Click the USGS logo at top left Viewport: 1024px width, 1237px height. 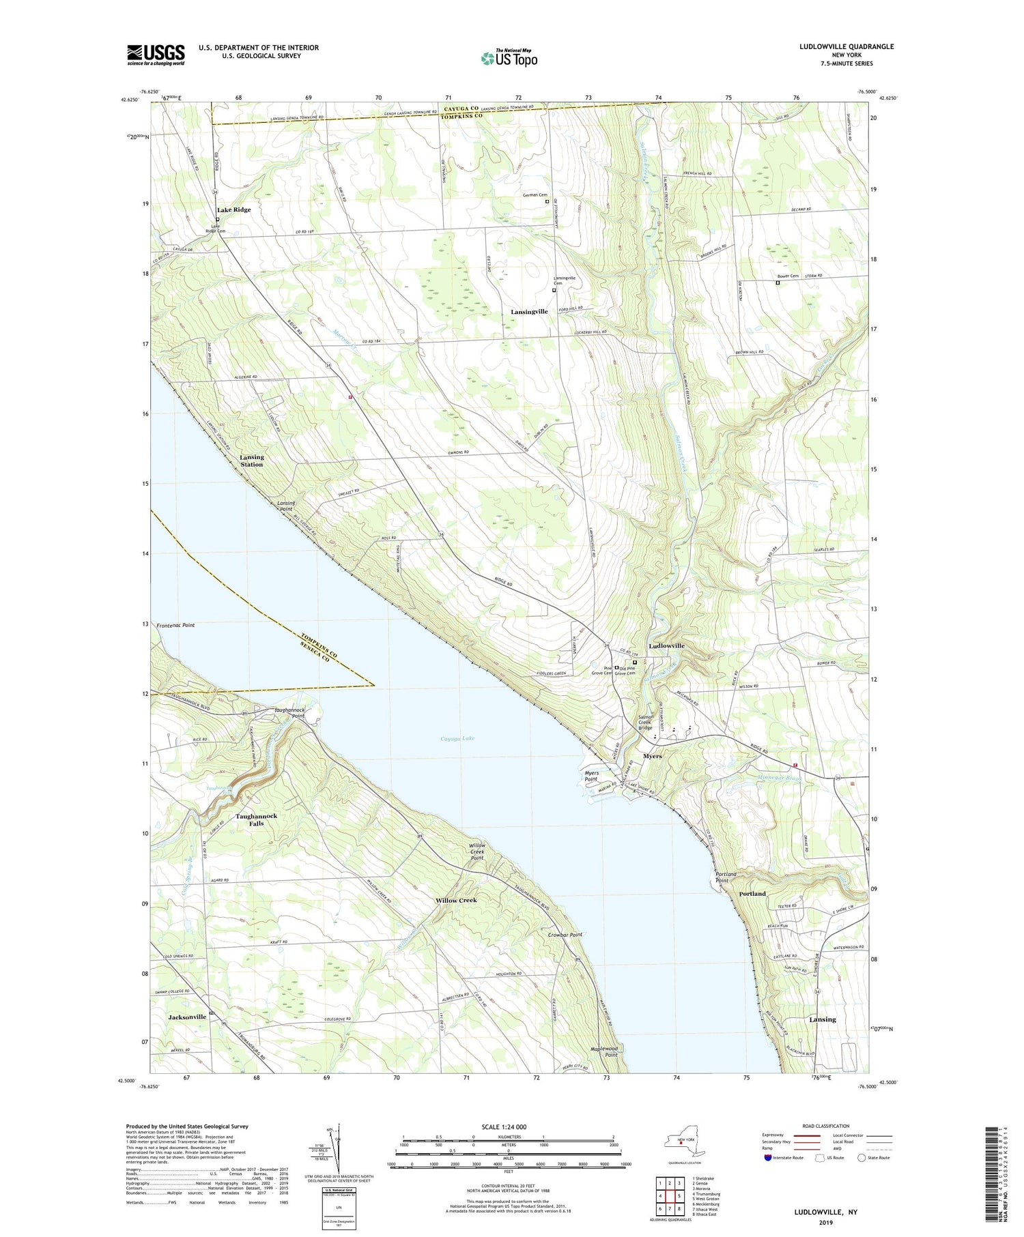tap(156, 55)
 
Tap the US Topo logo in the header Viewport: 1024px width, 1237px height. tap(509, 58)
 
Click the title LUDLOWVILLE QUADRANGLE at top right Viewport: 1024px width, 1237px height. tap(837, 46)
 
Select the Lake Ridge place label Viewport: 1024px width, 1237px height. tap(233, 209)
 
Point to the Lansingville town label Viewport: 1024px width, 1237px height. tap(529, 311)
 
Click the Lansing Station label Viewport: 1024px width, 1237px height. tap(251, 461)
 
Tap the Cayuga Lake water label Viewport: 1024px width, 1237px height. tap(457, 738)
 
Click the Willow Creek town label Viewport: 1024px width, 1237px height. tap(456, 900)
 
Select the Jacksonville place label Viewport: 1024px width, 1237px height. tap(187, 1017)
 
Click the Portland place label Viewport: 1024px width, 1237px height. tap(752, 893)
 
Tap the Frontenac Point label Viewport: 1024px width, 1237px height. tap(175, 625)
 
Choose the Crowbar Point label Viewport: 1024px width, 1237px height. tap(565, 935)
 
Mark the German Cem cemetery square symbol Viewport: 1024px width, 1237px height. tap(547, 202)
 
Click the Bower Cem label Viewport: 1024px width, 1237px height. tap(788, 276)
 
